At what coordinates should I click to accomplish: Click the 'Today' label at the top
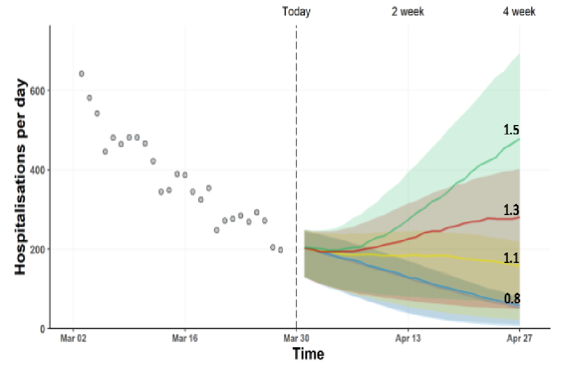(296, 12)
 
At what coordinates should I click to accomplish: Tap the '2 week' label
(408, 12)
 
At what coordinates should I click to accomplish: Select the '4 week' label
(519, 12)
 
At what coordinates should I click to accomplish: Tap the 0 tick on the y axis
(43, 328)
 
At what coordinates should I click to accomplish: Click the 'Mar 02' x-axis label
(72, 338)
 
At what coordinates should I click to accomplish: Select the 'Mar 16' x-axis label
(184, 338)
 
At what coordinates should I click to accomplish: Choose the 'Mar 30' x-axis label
(296, 338)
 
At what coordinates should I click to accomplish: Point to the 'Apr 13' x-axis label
(408, 338)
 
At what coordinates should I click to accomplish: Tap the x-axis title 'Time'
(308, 354)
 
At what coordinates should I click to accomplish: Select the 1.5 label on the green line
(512, 130)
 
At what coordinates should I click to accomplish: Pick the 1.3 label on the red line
(512, 210)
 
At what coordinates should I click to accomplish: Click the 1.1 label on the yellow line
(512, 258)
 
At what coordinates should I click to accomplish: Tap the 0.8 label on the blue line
(512, 298)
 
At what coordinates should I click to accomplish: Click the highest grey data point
(82, 74)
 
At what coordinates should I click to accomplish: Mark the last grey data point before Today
(280, 250)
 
